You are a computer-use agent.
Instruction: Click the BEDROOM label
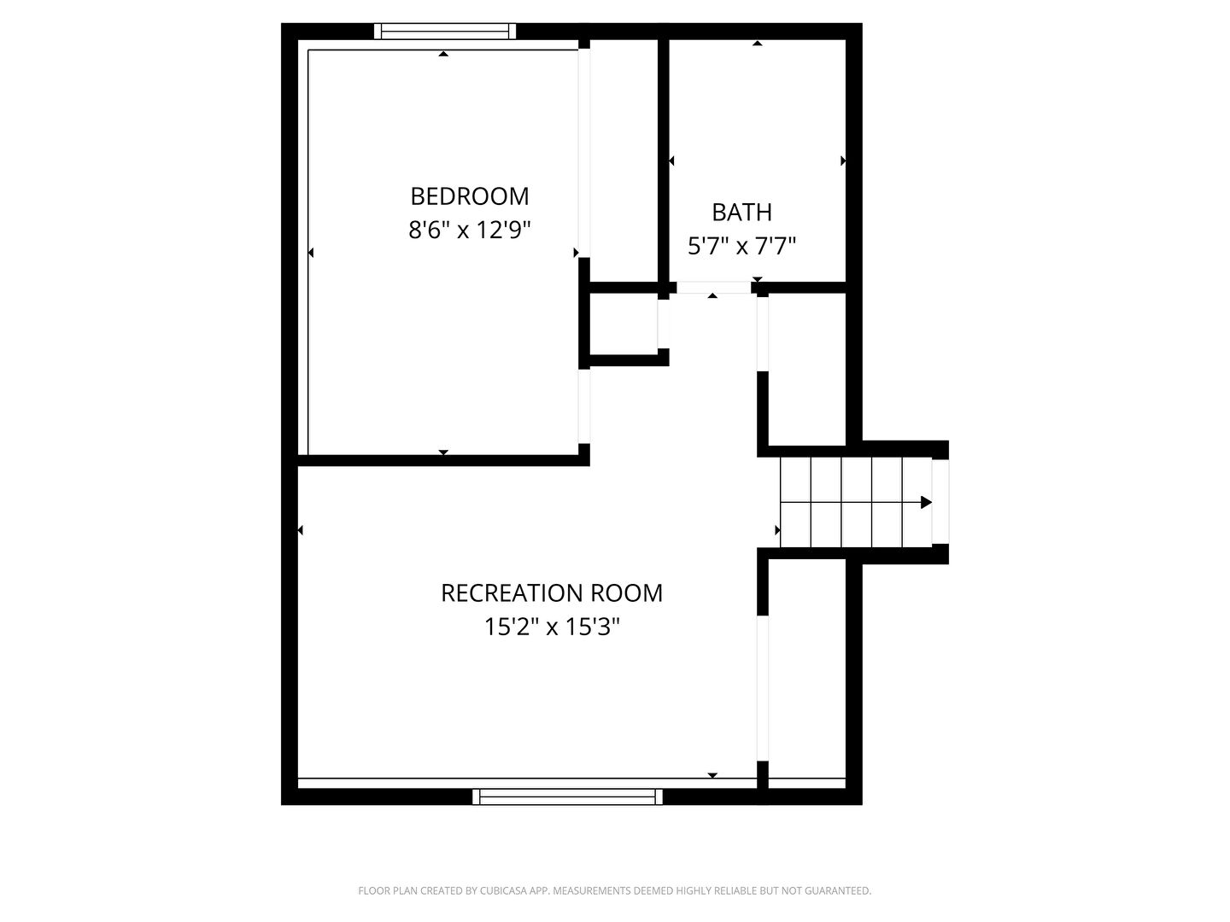coord(469,196)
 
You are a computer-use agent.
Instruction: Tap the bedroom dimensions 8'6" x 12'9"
coord(469,230)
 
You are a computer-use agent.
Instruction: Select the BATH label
coord(741,213)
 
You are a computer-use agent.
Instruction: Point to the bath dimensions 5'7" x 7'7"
coord(741,246)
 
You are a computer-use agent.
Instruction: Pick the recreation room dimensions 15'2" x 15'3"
coord(552,627)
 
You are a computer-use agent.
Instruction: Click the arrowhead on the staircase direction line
coord(926,502)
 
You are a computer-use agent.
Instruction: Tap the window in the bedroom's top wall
coord(445,32)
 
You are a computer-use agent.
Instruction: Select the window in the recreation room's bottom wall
coord(567,797)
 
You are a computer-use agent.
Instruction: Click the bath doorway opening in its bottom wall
coord(713,288)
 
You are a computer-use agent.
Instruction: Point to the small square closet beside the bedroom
coord(624,324)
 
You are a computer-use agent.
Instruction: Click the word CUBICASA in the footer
coord(502,890)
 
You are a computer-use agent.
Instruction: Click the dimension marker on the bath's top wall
coord(757,43)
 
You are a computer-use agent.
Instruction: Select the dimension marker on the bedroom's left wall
coord(311,253)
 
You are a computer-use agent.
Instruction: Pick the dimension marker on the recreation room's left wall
coord(301,530)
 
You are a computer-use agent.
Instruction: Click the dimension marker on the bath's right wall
coord(843,161)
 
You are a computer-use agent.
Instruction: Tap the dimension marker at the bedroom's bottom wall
coord(443,452)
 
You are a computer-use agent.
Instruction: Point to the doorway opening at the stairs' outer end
coord(940,502)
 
